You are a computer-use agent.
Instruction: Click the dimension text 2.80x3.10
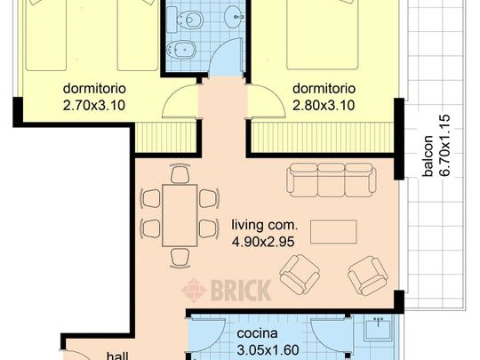324,105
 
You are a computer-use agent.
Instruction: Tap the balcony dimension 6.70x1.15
445,145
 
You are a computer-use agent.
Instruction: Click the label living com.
260,224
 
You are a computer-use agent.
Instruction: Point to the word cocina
257,334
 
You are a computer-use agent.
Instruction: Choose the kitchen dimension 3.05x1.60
268,349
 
